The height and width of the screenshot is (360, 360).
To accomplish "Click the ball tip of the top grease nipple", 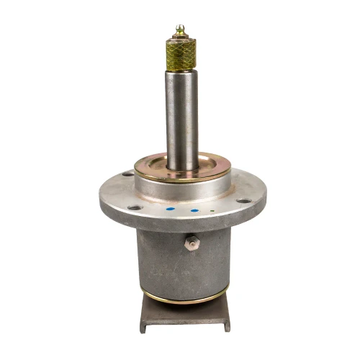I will pos(179,28).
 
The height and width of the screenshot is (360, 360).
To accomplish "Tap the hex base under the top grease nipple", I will pos(179,37).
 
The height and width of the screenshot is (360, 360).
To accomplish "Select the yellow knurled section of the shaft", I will pos(180,54).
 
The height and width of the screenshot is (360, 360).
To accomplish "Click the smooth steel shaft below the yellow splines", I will pos(181,115).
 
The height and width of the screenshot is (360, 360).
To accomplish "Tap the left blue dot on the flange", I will pos(170,210).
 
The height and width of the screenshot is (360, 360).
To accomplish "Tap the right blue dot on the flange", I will pos(194,211).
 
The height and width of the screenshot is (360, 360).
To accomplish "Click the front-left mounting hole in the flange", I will pos(135,208).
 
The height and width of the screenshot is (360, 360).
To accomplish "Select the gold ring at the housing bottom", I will pos(184,297).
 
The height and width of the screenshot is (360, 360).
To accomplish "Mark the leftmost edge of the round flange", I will pos(100,196).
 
